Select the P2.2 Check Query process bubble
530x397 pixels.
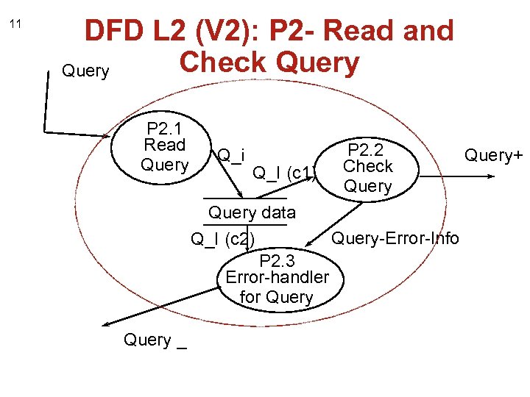368,167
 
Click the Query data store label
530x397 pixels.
252,213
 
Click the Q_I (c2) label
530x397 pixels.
223,239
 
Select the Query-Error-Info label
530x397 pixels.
395,238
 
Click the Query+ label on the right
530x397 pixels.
492,155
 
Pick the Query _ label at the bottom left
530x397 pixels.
155,340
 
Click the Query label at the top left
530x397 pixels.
85,71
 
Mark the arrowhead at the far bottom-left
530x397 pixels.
105,324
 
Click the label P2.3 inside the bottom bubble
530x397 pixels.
277,260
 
